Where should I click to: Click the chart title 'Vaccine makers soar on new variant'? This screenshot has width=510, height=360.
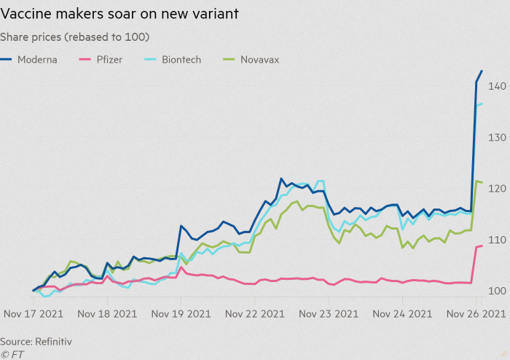click(119, 14)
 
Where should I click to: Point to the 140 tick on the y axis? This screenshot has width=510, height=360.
click(497, 86)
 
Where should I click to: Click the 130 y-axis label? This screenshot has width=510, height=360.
click(497, 138)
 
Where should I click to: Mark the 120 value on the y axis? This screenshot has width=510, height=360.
click(497, 189)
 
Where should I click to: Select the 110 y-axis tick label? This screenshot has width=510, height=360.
click(497, 240)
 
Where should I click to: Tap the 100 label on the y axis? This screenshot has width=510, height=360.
click(497, 291)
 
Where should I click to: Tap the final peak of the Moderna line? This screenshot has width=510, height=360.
click(482, 71)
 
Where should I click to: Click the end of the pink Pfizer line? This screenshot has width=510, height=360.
click(482, 246)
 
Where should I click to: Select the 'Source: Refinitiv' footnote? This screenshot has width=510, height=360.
click(36, 341)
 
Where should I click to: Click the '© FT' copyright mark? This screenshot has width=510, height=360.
click(14, 353)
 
